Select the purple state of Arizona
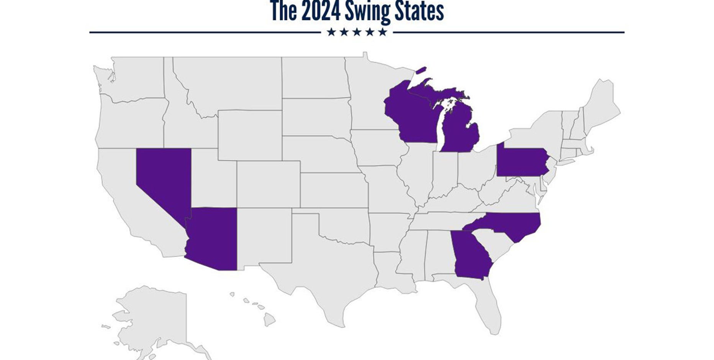pyautogui.click(x=213, y=237)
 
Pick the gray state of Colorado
pyautogui.click(x=268, y=184)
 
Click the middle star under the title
pyautogui.click(x=357, y=32)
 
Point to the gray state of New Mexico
pyautogui.click(x=264, y=236)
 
